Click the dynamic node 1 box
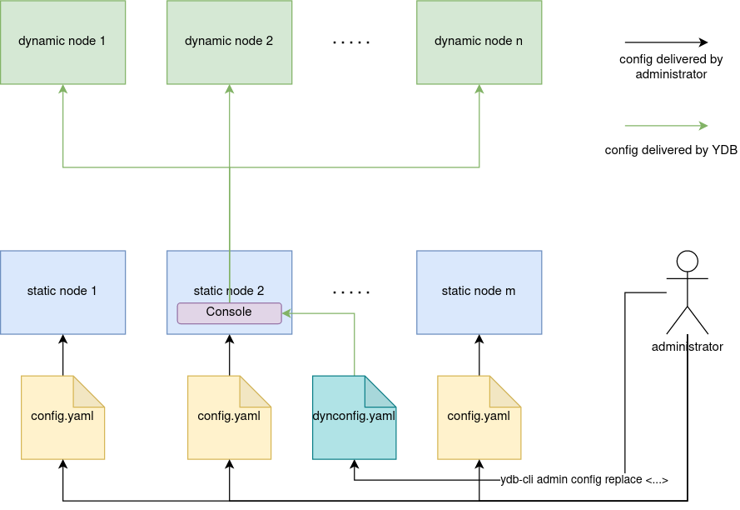(x=62, y=42)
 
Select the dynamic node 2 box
(x=229, y=42)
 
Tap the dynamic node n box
(x=479, y=42)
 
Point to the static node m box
(x=479, y=292)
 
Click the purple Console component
(x=229, y=312)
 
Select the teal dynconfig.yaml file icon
(x=354, y=417)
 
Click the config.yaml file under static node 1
(x=62, y=417)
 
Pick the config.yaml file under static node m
(x=479, y=417)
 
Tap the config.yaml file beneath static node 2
(x=229, y=417)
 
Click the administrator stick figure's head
(x=687, y=261)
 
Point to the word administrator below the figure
(x=687, y=347)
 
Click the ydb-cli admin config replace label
(x=584, y=480)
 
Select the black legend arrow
(x=666, y=42)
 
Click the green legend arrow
(x=666, y=126)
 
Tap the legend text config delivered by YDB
(x=671, y=150)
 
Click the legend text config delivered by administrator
(x=671, y=67)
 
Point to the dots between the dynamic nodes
(x=350, y=42)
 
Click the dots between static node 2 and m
(x=350, y=292)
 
